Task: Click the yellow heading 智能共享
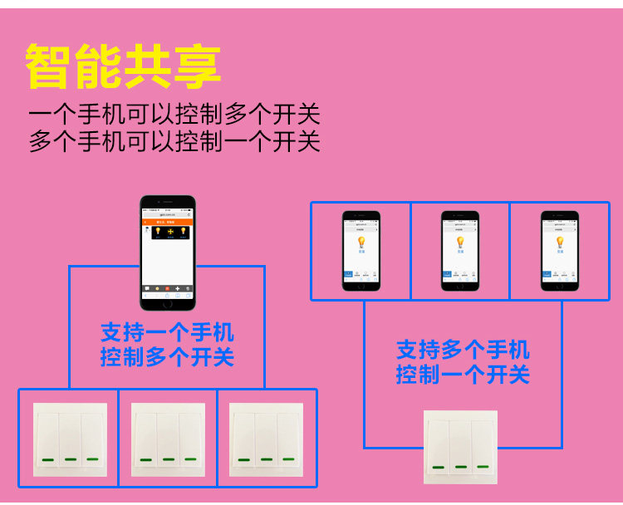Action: pyautogui.click(x=123, y=66)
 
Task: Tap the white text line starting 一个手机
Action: pyautogui.click(x=174, y=115)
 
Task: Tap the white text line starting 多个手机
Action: pyautogui.click(x=174, y=141)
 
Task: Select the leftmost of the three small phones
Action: pyautogui.click(x=361, y=251)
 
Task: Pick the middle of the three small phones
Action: pyautogui.click(x=459, y=251)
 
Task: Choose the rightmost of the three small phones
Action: pyautogui.click(x=559, y=251)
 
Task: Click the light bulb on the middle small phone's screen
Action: pyautogui.click(x=459, y=242)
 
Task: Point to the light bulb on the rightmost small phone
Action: pyautogui.click(x=559, y=242)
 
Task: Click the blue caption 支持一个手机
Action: pyautogui.click(x=167, y=333)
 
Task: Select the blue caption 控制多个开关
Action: pyautogui.click(x=167, y=358)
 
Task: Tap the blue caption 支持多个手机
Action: pyautogui.click(x=463, y=350)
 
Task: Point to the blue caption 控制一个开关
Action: pyautogui.click(x=463, y=375)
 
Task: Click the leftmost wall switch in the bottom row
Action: pyautogui.click(x=70, y=439)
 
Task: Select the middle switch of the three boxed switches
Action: pyautogui.click(x=169, y=439)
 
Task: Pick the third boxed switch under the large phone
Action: pyautogui.click(x=266, y=439)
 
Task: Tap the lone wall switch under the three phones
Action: pyautogui.click(x=460, y=447)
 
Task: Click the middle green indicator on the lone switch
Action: pyautogui.click(x=461, y=468)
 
